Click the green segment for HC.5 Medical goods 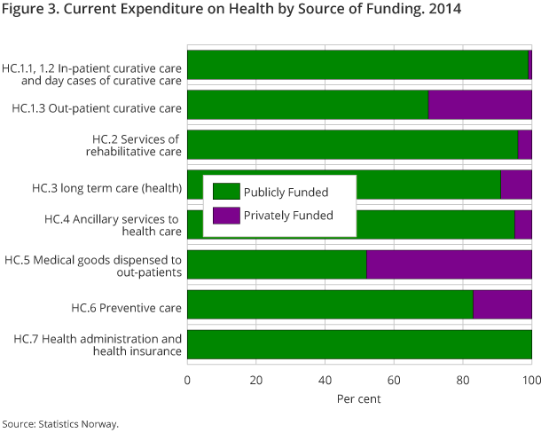277,264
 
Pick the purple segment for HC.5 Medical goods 449,264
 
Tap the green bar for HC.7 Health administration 359,344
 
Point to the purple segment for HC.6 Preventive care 502,304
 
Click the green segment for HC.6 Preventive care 330,304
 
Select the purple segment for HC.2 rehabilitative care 524,145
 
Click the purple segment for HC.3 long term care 516,185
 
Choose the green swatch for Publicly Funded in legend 226,192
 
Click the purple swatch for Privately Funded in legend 226,215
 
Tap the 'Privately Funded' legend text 288,215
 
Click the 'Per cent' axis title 359,399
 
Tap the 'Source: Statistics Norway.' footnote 59,424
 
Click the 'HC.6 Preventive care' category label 126,308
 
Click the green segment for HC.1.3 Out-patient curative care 308,105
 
